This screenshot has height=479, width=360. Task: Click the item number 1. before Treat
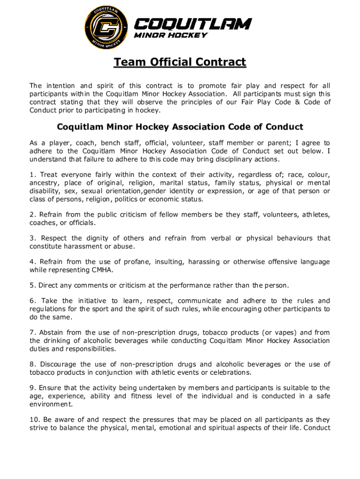(32, 175)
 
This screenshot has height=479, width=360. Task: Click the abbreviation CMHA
(99, 270)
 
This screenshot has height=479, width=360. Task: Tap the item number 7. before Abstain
(32, 333)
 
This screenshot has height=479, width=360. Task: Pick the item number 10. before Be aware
(34, 420)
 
